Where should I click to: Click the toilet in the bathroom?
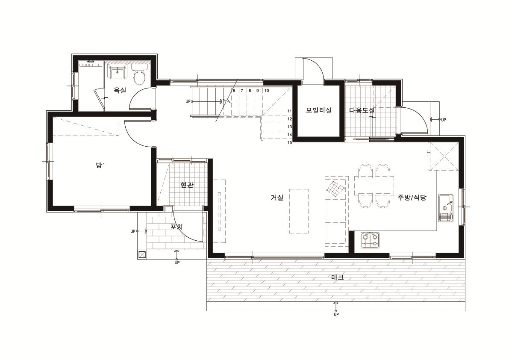(x=140, y=75)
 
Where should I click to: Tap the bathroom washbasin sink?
(x=117, y=72)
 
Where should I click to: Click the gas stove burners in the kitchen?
(x=370, y=240)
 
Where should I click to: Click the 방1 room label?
(x=100, y=165)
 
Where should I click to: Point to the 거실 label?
(x=277, y=197)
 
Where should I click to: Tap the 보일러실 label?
(x=318, y=110)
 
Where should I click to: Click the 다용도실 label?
(x=362, y=110)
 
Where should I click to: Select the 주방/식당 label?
(x=412, y=197)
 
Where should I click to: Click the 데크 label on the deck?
(x=337, y=277)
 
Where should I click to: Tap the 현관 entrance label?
(x=187, y=185)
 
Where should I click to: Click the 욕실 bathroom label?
(x=120, y=91)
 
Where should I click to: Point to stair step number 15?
(x=290, y=142)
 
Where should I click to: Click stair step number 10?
(x=267, y=91)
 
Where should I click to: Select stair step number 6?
(x=234, y=91)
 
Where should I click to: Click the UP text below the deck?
(x=336, y=315)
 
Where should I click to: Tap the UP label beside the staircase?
(x=188, y=101)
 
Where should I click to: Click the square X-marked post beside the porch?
(x=142, y=255)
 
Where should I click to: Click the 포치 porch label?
(x=177, y=227)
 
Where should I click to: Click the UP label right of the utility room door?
(x=444, y=120)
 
